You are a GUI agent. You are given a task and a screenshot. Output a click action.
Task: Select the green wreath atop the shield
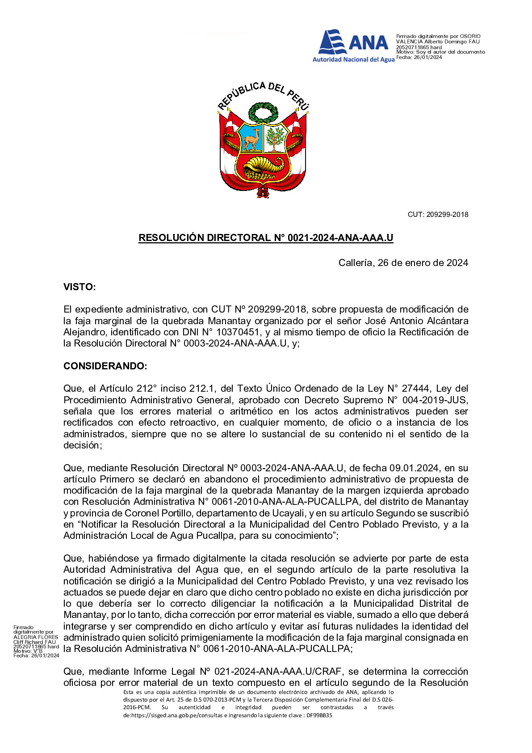tap(263, 112)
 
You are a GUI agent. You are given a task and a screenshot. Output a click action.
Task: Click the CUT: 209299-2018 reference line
tap(437, 215)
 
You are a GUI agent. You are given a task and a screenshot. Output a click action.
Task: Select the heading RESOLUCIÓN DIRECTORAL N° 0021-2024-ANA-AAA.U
tap(266, 238)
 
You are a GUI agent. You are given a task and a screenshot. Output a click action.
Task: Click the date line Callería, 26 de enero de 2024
tap(403, 263)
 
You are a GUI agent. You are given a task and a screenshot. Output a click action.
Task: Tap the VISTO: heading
tap(80, 287)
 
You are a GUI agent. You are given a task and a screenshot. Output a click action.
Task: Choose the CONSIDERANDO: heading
tap(105, 366)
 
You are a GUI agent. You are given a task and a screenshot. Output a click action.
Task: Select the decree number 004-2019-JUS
tap(435, 400)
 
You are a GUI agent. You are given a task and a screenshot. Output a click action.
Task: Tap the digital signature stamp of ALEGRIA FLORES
tap(36, 641)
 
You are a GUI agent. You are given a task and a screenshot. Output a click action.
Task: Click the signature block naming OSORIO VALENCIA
tap(440, 47)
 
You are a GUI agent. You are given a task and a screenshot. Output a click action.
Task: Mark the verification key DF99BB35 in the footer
tap(319, 715)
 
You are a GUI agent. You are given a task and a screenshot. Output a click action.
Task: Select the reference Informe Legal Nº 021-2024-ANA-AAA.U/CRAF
tap(238, 672)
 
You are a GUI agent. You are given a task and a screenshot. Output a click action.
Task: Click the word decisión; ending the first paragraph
tap(83, 445)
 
